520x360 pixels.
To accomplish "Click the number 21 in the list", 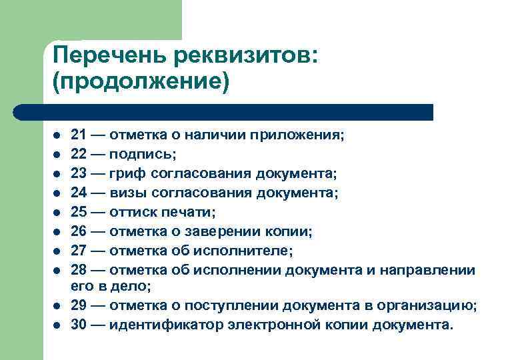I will pyautogui.click(x=79, y=135).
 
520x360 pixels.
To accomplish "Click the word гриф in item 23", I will pyautogui.click(x=126, y=174).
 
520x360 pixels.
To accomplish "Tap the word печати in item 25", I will pyautogui.click(x=193, y=213).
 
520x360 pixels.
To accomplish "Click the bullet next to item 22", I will pyautogui.click(x=57, y=155).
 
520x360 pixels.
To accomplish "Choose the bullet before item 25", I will pyautogui.click(x=57, y=213).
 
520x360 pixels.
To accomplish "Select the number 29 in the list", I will pyautogui.click(x=79, y=305).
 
